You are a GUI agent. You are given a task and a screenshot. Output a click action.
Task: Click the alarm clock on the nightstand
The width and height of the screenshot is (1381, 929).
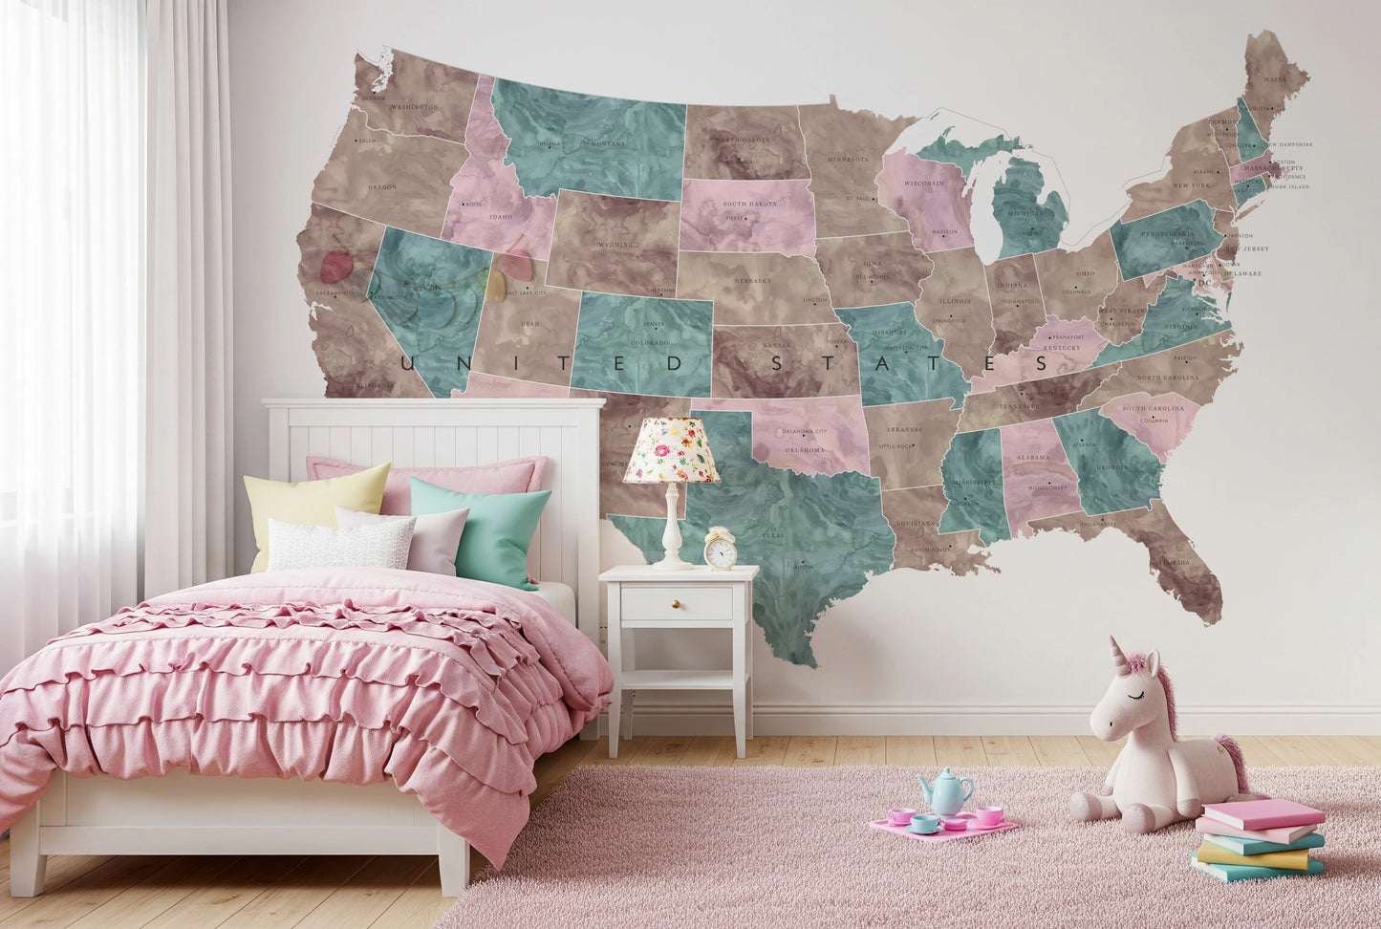pyautogui.click(x=720, y=550)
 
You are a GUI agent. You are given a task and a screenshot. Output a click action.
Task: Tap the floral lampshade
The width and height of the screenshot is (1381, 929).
pyautogui.click(x=672, y=451)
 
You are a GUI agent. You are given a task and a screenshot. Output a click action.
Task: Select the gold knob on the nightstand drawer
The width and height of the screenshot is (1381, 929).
pyautogui.click(x=676, y=603)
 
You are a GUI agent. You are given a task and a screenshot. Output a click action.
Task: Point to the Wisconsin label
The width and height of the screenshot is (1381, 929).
pyautogui.click(x=924, y=184)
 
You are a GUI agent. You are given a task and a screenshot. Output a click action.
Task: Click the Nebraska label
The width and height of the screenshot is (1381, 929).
pyautogui.click(x=754, y=281)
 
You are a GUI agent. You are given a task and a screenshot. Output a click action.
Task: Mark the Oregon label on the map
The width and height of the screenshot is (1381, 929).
pyautogui.click(x=382, y=186)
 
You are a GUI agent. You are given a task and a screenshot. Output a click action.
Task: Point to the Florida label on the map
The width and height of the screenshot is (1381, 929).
pyautogui.click(x=1176, y=562)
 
